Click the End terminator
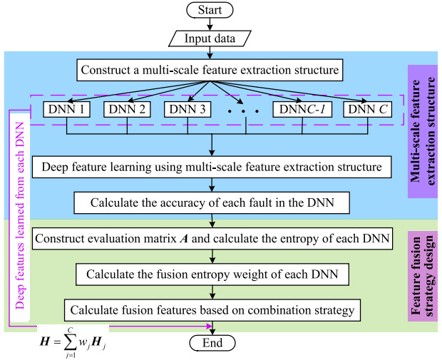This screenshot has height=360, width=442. click(213, 343)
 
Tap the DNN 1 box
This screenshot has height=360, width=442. click(66, 110)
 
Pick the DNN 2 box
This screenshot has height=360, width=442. click(127, 110)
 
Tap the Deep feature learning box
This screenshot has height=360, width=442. click(213, 168)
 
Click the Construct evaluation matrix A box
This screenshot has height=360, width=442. click(213, 238)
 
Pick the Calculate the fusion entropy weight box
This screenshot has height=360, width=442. click(213, 274)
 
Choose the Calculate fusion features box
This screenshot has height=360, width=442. click(213, 309)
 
